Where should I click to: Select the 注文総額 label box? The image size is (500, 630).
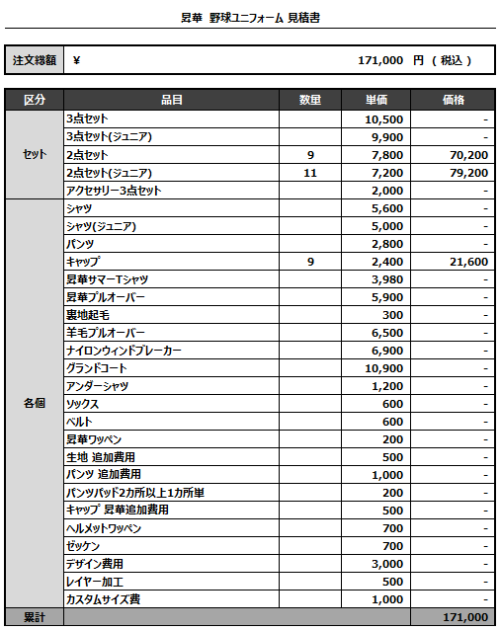pyautogui.click(x=34, y=60)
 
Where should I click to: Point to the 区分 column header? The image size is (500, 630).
pyautogui.click(x=34, y=100)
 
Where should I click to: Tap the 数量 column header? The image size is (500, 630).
pyautogui.click(x=310, y=100)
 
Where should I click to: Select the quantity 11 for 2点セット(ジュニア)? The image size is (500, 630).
pyautogui.click(x=309, y=173)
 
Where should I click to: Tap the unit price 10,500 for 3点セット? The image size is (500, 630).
pyautogui.click(x=386, y=119)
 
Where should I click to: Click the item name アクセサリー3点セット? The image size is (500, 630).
pyautogui.click(x=113, y=191)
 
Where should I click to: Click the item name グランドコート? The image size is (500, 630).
pyautogui.click(x=97, y=368)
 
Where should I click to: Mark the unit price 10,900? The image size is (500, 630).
pyautogui.click(x=386, y=368)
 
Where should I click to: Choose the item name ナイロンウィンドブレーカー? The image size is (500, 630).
pyautogui.click(x=124, y=350)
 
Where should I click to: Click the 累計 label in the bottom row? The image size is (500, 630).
pyautogui.click(x=34, y=618)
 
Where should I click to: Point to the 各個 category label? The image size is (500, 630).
pyautogui.click(x=34, y=403)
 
